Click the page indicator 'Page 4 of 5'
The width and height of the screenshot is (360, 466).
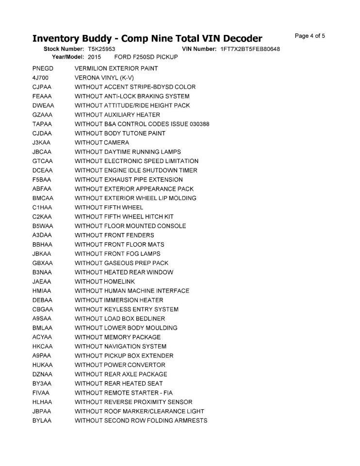pos(310,36)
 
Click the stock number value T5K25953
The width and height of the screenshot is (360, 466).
pos(101,50)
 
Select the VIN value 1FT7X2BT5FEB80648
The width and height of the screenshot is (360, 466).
pos(250,50)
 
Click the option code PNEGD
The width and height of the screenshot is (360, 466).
pos(43,68)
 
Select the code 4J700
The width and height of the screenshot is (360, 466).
pos(40,78)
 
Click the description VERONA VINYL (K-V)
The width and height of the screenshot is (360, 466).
pos(104,78)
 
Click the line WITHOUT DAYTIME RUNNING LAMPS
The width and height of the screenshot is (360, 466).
pos(128,152)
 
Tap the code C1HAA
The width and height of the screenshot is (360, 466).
pos(42,207)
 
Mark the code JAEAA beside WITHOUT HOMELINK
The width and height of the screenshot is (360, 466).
pos(42,282)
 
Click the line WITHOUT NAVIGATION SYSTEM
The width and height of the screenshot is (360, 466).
pos(120,346)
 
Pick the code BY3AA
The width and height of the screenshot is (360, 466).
pos(42,383)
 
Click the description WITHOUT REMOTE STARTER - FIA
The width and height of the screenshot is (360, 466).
pos(124,393)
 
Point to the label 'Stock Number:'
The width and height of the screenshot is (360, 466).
pos(64,50)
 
